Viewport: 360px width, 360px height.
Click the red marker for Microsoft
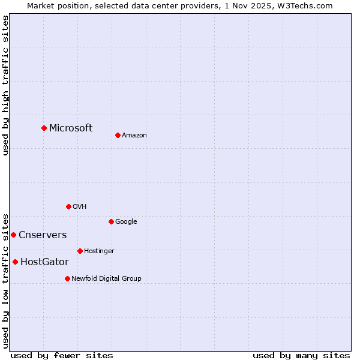pyautogui.click(x=44, y=128)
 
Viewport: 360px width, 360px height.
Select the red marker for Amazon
pyautogui.click(x=118, y=135)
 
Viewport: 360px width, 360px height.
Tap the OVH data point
pyautogui.click(x=68, y=206)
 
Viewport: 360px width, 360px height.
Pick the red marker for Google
pyautogui.click(x=111, y=221)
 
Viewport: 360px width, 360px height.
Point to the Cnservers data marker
pyautogui.click(x=13, y=235)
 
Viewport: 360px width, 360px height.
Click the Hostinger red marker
pyautogui.click(x=80, y=251)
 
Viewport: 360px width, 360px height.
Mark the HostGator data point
pyautogui.click(x=15, y=262)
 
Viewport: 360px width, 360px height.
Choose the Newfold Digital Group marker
pyautogui.click(x=67, y=278)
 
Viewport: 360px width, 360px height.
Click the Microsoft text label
pyautogui.click(x=71, y=128)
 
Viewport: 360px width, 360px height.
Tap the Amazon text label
pyautogui.click(x=134, y=135)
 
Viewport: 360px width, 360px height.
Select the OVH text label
pyautogui.click(x=80, y=206)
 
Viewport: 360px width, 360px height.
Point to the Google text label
pyautogui.click(x=126, y=221)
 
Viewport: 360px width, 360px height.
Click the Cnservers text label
pyautogui.click(x=43, y=235)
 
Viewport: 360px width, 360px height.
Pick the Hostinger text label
pyautogui.click(x=99, y=251)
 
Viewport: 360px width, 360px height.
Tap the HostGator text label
pyautogui.click(x=44, y=262)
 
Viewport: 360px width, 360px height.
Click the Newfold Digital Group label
pyautogui.click(x=106, y=278)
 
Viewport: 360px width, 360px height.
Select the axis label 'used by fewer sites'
pyautogui.click(x=62, y=355)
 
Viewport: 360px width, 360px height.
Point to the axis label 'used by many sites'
pyautogui.click(x=301, y=355)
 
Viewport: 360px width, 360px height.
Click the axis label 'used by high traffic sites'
pyautogui.click(x=5, y=85)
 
